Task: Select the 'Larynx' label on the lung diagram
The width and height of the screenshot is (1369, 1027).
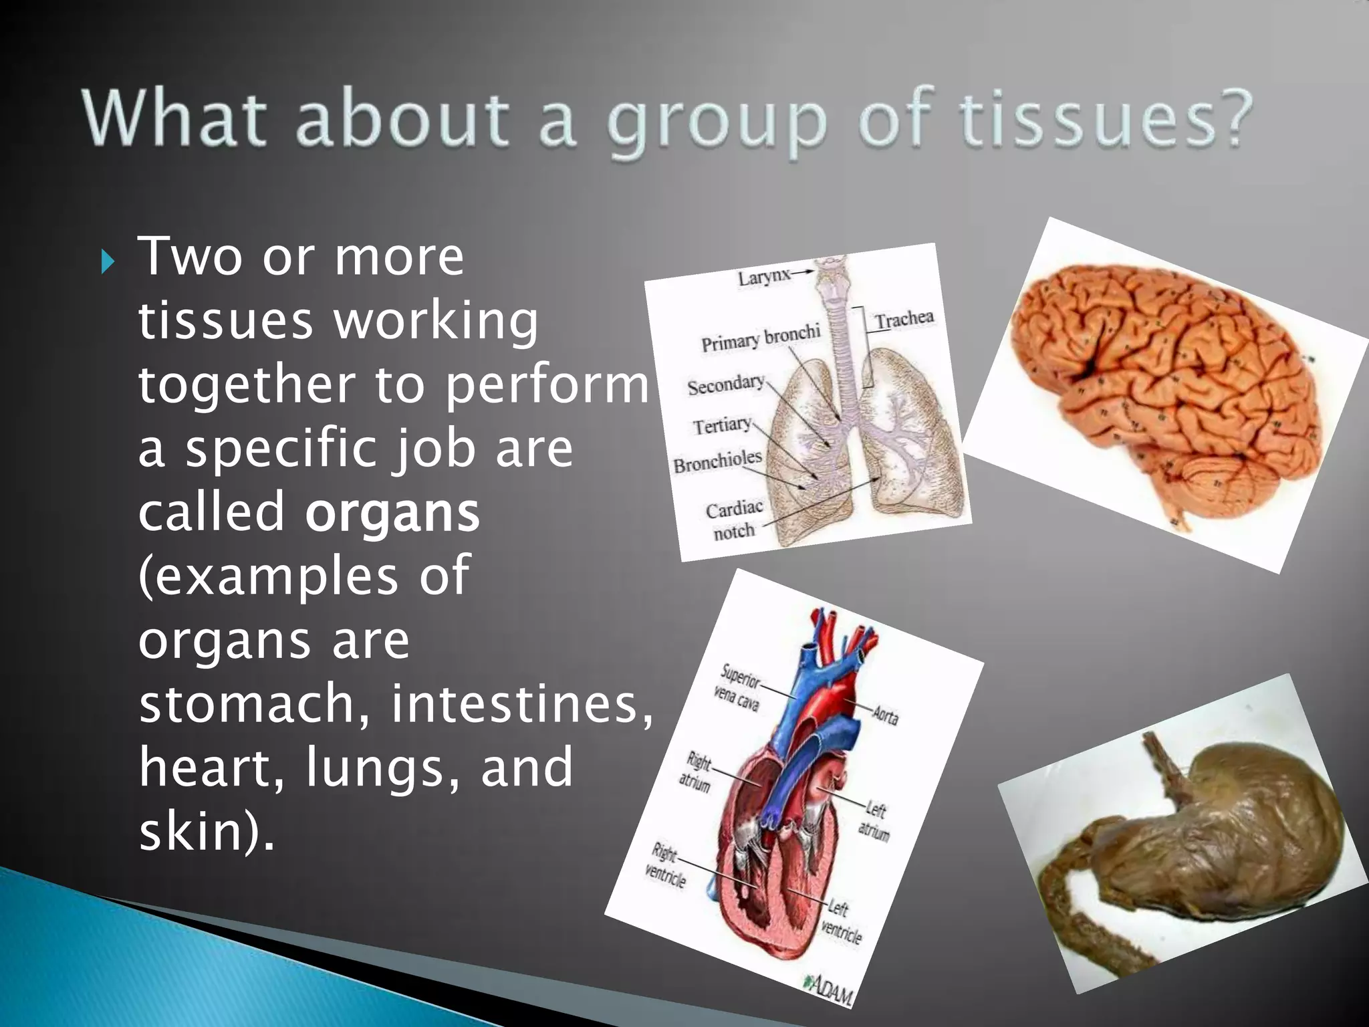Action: coord(764,276)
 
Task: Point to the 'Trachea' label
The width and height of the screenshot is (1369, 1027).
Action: coord(904,319)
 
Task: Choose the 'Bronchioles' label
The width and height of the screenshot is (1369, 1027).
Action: coord(717,461)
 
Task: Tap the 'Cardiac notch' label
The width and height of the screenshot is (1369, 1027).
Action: coord(734,520)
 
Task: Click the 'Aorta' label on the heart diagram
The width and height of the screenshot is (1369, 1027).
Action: coord(886,716)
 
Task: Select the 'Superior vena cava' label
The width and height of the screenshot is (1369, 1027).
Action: coord(738,687)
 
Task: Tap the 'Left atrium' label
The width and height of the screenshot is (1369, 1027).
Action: coord(874,821)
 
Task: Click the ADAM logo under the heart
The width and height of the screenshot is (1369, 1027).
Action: coord(829,990)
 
